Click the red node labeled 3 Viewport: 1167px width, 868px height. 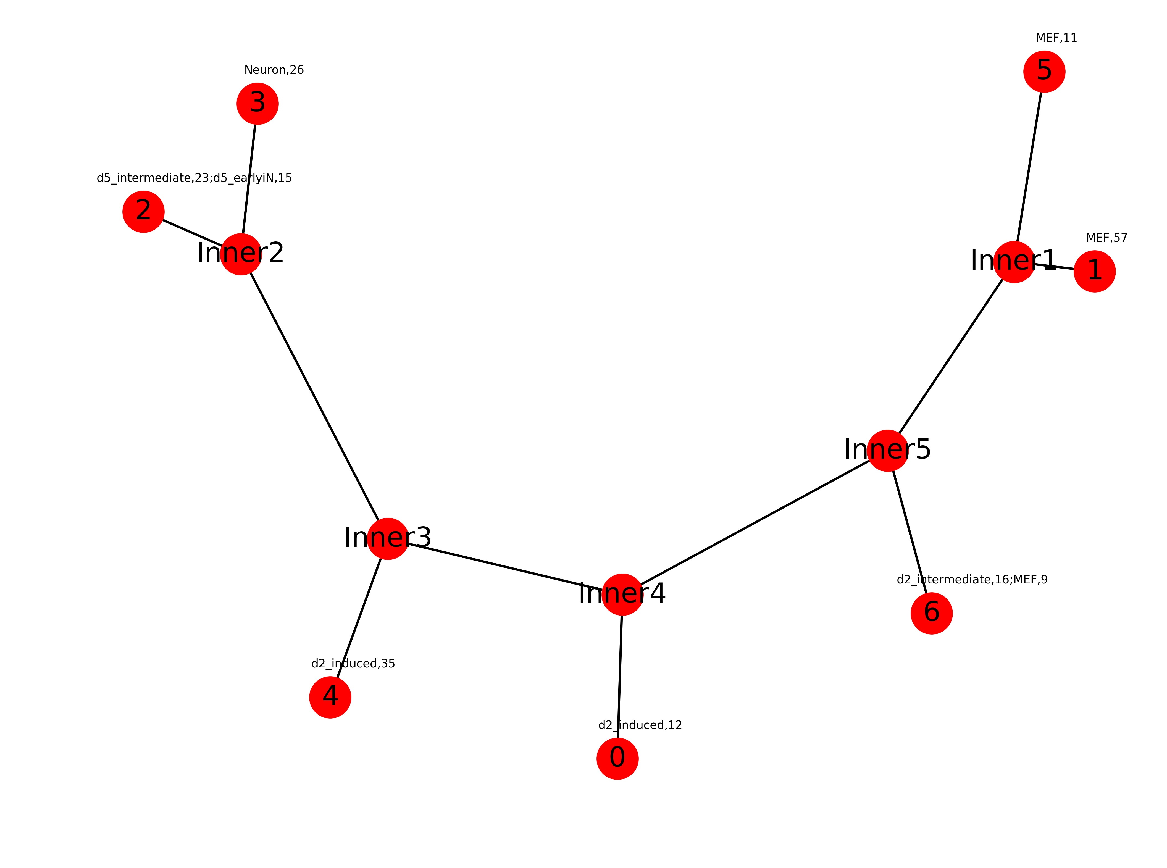point(257,104)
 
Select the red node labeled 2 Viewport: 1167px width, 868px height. point(143,212)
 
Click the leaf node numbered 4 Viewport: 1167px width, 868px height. point(330,697)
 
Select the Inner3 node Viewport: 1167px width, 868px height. point(388,538)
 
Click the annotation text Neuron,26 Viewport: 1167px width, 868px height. point(274,70)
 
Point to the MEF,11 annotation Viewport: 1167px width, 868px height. point(1056,38)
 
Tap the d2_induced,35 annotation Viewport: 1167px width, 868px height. point(353,664)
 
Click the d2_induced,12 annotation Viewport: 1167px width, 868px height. point(640,725)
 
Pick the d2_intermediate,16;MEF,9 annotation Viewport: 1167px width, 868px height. point(972,580)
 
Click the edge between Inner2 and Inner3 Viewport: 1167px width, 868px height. point(314,397)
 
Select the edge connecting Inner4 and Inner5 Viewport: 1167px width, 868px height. point(755,523)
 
